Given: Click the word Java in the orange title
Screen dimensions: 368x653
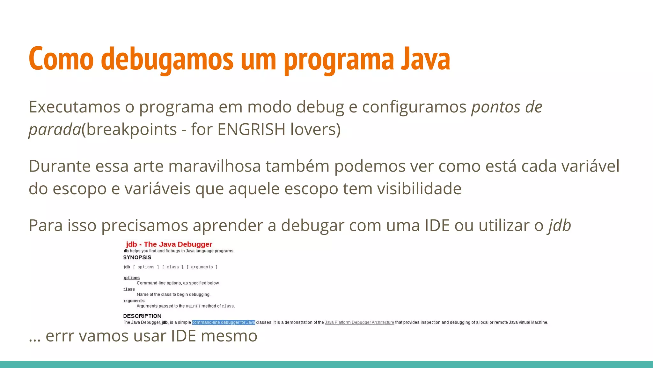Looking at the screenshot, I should (x=425, y=59).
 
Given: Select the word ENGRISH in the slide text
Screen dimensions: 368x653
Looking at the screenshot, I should (x=251, y=129).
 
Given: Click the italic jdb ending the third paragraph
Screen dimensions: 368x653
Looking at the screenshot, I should (x=560, y=225).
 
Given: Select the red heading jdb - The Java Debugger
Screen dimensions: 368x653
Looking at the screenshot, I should (x=169, y=244).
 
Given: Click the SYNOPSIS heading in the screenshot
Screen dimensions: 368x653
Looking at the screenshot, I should (x=137, y=257).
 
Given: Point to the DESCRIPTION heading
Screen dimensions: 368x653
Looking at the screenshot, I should (x=142, y=316).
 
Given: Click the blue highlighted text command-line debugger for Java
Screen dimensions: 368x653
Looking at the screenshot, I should (x=223, y=322).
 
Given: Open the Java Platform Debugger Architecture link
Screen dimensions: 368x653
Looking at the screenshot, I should (x=359, y=322).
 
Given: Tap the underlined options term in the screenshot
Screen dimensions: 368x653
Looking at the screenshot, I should (x=132, y=278).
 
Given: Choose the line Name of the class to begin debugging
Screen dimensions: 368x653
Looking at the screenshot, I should (x=173, y=295).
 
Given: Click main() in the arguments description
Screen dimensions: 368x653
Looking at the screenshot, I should (x=193, y=306).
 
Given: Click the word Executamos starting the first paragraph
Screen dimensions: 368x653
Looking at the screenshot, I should (x=74, y=107).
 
